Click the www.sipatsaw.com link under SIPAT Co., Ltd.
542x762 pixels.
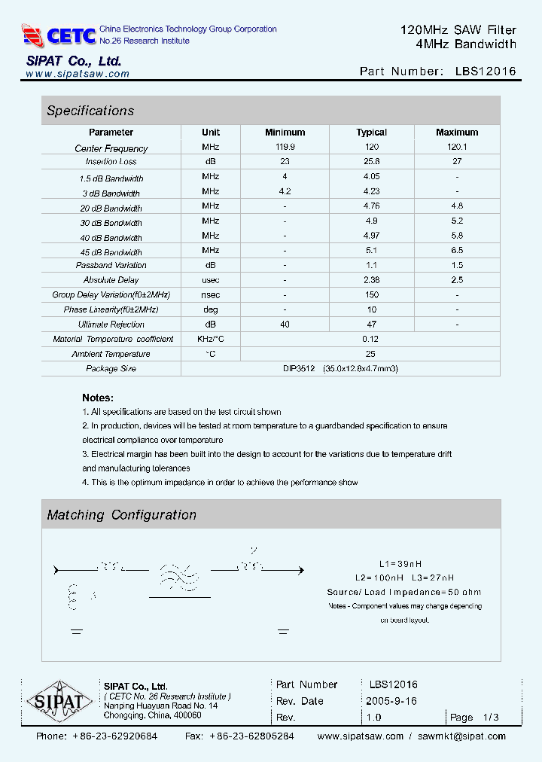(78, 74)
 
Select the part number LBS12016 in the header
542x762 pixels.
(486, 72)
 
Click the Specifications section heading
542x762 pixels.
(90, 111)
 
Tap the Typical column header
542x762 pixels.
(371, 133)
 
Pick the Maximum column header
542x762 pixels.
(457, 133)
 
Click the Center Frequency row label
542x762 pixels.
(111, 148)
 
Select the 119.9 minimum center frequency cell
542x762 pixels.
(285, 148)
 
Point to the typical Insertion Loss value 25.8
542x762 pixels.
(371, 162)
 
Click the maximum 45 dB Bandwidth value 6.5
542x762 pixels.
(457, 250)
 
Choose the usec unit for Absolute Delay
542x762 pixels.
(211, 280)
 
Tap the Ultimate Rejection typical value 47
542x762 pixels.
(371, 324)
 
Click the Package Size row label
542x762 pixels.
(111, 369)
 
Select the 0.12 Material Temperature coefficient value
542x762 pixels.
(371, 339)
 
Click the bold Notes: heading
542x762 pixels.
(98, 398)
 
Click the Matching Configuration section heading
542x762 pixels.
(121, 515)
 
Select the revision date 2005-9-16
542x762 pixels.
(391, 701)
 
